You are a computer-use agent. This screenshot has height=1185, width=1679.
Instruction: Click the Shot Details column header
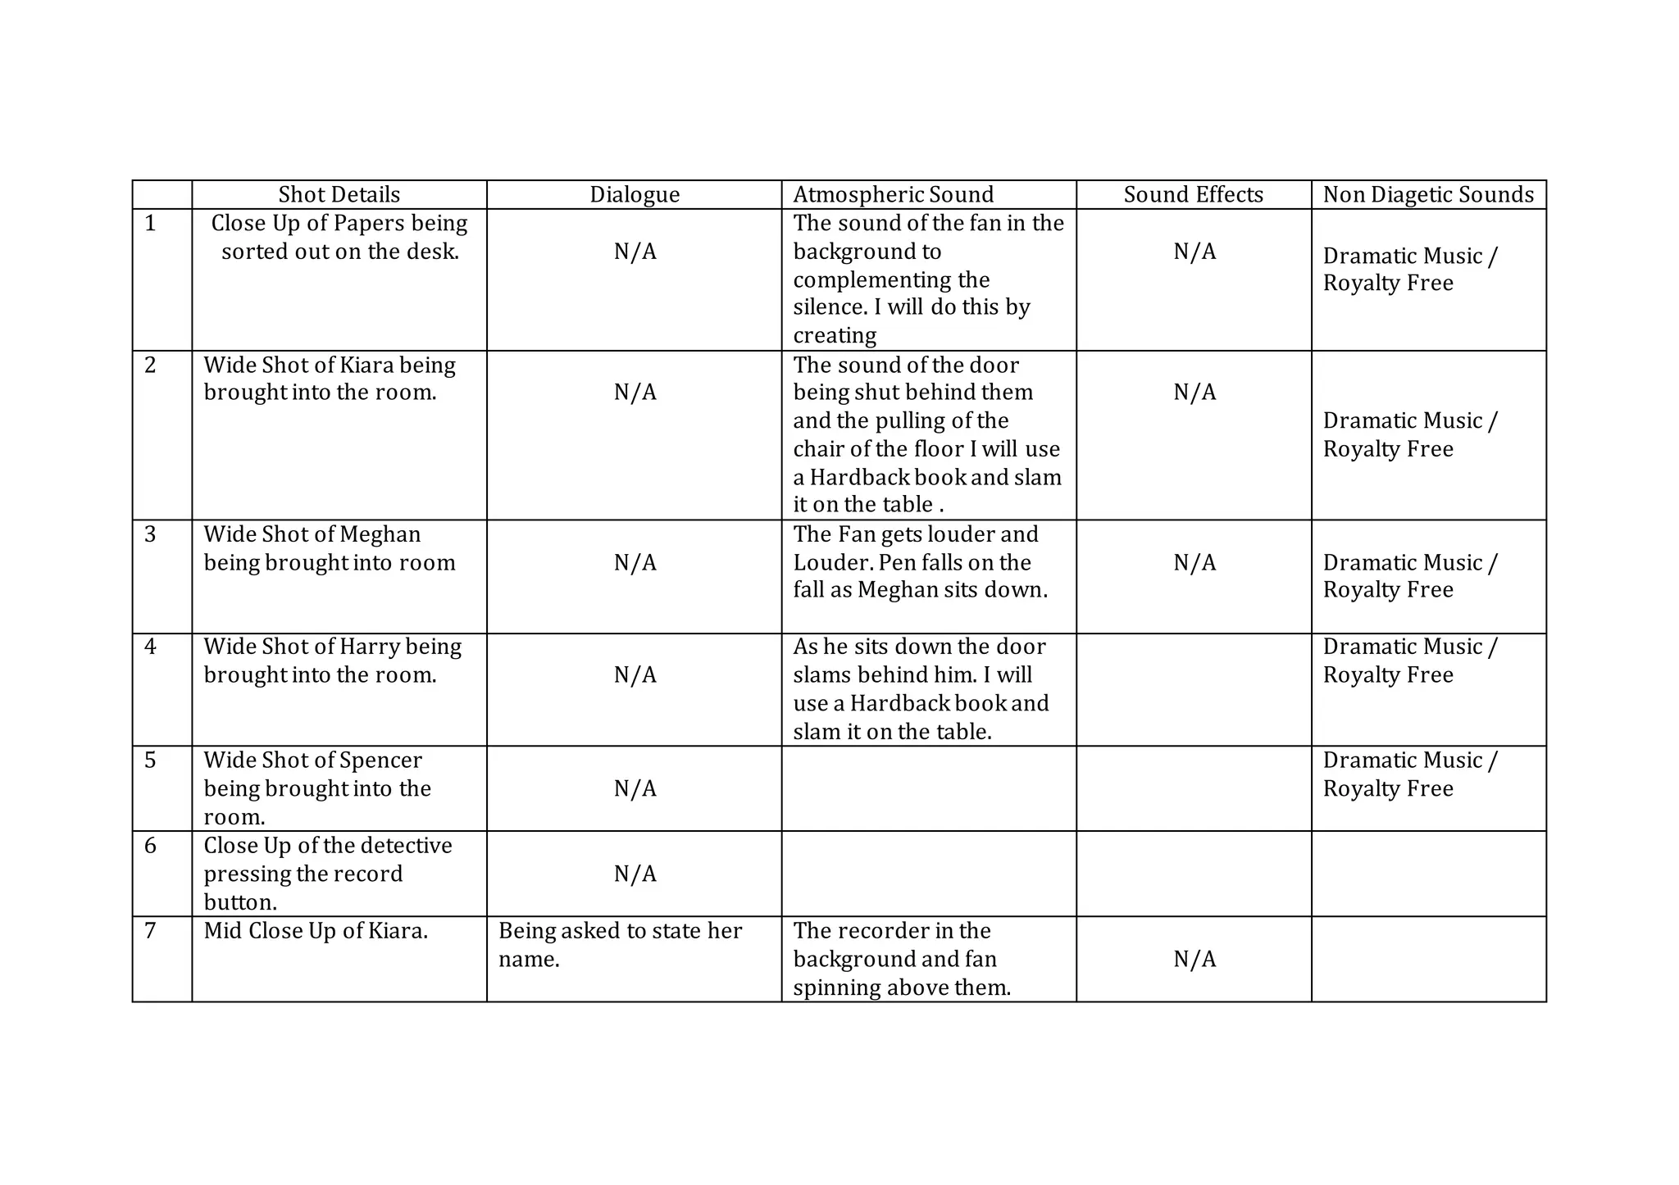tap(339, 195)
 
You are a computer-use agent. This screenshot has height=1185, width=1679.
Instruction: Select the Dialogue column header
tap(635, 195)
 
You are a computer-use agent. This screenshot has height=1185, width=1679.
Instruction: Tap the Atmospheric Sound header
tap(893, 195)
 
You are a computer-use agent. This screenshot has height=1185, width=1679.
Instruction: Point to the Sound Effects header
tap(1193, 195)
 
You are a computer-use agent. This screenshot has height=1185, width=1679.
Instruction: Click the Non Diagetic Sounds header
tap(1428, 195)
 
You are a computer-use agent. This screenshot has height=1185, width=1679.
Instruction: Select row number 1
tap(150, 224)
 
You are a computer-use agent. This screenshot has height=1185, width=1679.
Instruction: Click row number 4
tap(150, 647)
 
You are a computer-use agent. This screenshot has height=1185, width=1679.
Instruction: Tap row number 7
tap(150, 931)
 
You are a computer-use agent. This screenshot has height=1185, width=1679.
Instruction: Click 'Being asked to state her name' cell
tap(620, 945)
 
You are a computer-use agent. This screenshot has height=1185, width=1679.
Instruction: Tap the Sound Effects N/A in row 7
tap(1194, 960)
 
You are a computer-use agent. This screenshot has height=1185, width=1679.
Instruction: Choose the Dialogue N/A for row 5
tap(635, 789)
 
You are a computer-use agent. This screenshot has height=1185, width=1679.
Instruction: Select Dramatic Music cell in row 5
tap(1409, 774)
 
